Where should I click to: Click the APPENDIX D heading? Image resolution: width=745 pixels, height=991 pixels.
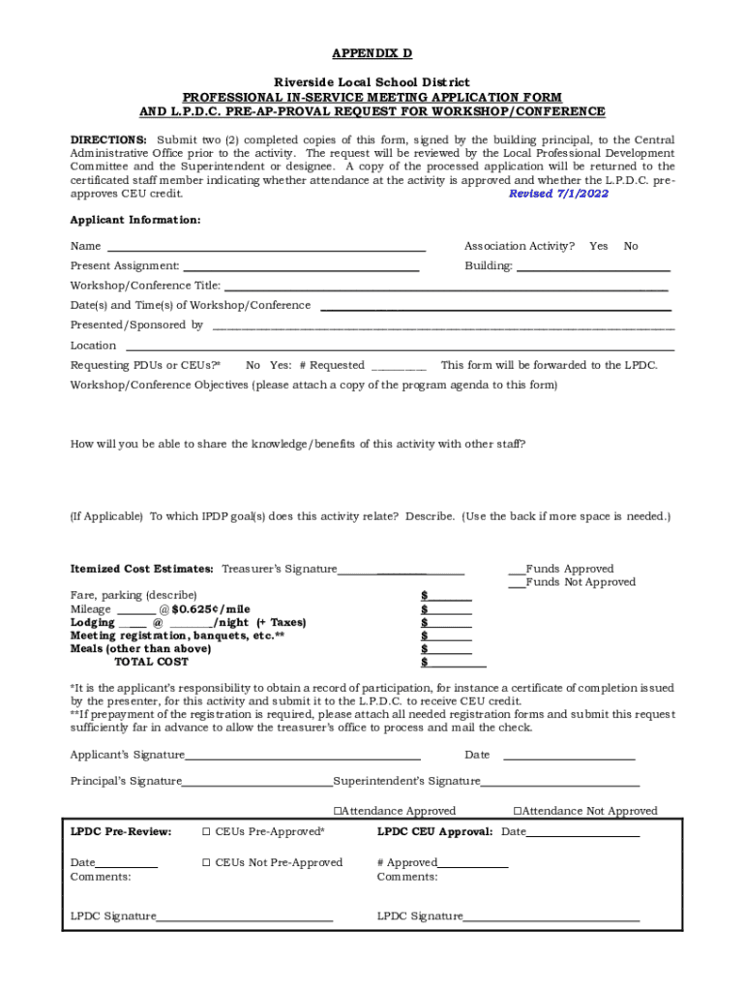(372, 53)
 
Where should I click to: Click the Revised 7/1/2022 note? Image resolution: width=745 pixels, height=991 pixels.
(558, 194)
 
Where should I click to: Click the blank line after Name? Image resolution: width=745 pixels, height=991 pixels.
(266, 248)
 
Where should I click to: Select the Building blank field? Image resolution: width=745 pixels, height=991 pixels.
(593, 267)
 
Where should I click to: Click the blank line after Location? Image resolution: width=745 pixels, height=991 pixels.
(400, 346)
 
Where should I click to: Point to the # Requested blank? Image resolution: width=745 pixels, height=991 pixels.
(398, 367)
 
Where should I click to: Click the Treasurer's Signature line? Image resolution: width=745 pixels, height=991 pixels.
(401, 571)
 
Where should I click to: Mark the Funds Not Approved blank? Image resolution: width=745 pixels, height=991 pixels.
(517, 583)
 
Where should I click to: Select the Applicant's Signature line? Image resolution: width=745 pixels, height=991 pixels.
(303, 756)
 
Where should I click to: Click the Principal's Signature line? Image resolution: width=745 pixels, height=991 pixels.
(257, 782)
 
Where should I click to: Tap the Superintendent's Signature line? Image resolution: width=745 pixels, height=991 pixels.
(560, 782)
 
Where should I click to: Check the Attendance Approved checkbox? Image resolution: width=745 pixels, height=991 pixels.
(338, 811)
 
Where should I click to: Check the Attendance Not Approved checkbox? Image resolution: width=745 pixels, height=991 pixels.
(518, 811)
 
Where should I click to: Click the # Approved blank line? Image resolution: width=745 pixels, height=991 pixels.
(472, 864)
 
